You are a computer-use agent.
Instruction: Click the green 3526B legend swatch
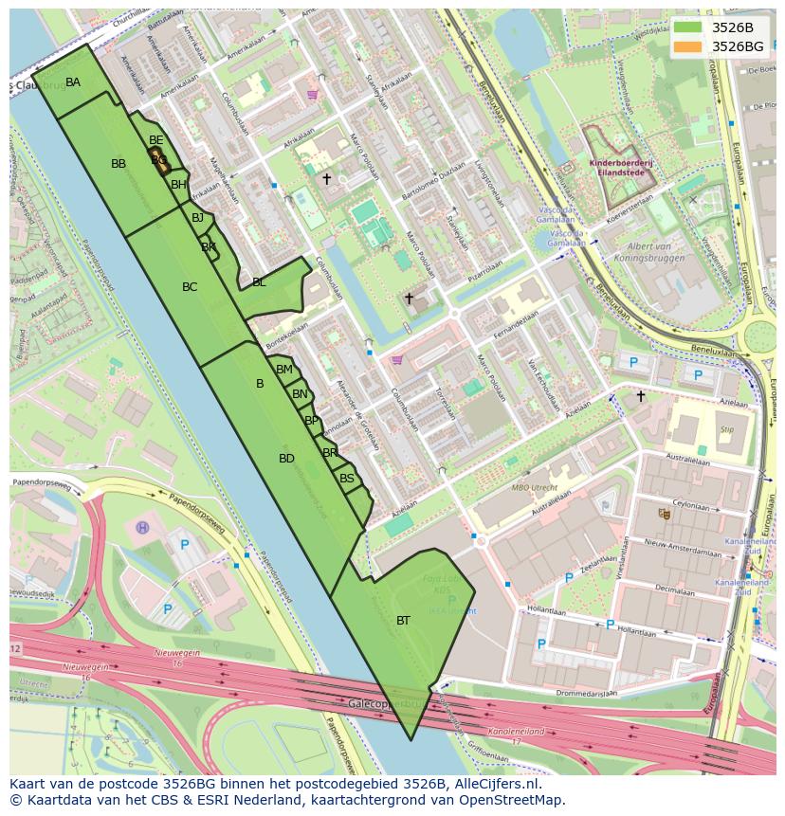pyautogui.click(x=688, y=27)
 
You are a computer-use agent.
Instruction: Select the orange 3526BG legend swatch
pyautogui.click(x=688, y=46)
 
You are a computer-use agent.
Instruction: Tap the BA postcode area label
pyautogui.click(x=73, y=82)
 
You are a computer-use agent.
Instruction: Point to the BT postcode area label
pyautogui.click(x=403, y=621)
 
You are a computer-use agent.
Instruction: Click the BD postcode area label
pyautogui.click(x=286, y=459)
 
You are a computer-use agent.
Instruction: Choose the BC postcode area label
pyautogui.click(x=190, y=287)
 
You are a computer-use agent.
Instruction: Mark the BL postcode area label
pyautogui.click(x=259, y=282)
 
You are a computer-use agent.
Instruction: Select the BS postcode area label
pyautogui.click(x=347, y=479)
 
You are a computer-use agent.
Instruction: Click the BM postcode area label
pyautogui.click(x=284, y=370)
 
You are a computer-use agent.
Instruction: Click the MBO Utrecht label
pyautogui.click(x=535, y=487)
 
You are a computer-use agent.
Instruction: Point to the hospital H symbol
pyautogui.click(x=142, y=527)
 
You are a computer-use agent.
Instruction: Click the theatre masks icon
pyautogui.click(x=664, y=513)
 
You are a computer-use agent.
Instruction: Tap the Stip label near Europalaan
pyautogui.click(x=727, y=429)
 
